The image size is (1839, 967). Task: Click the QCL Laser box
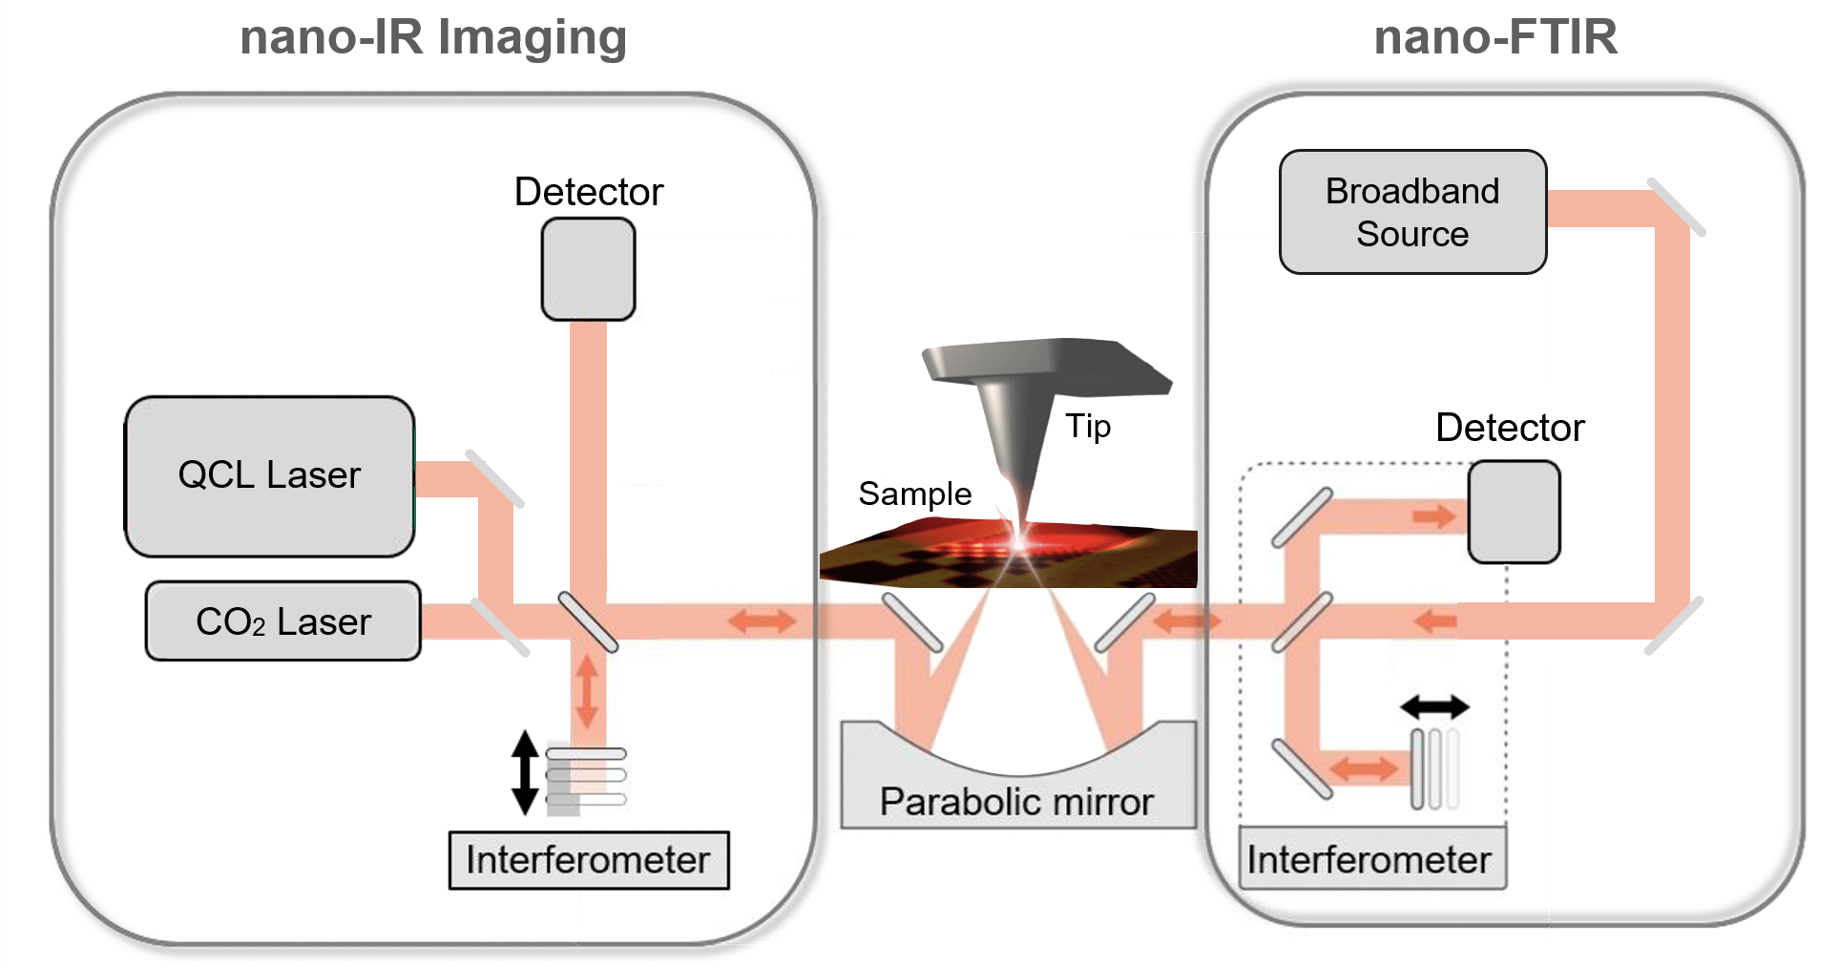[269, 475]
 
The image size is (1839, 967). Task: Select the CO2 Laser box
[282, 621]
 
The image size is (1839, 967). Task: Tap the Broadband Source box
[1412, 212]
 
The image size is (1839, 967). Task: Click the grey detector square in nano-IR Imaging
[588, 269]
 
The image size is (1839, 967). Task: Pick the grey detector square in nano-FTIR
[1514, 512]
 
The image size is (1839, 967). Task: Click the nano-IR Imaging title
[433, 38]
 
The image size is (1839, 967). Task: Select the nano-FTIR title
[1495, 38]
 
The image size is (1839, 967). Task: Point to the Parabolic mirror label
[1016, 802]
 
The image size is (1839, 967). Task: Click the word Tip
[1088, 426]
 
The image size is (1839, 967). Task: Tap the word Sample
[914, 494]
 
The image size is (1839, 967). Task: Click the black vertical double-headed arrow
[525, 772]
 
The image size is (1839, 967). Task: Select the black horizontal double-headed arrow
[1434, 707]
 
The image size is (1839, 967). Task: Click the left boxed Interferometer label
[588, 860]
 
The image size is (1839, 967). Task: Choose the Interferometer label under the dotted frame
[1369, 860]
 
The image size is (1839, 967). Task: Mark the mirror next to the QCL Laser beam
[494, 477]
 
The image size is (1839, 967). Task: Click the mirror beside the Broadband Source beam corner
[1677, 206]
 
